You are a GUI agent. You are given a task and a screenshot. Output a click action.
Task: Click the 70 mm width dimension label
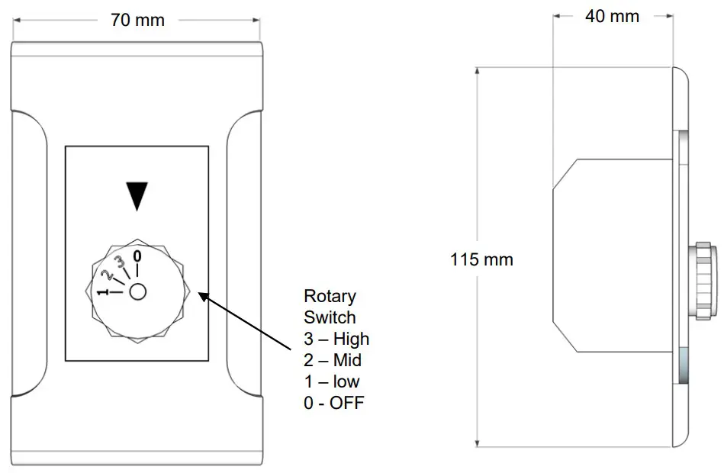pyautogui.click(x=137, y=20)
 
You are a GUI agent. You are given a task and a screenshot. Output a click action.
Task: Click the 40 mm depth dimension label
pyautogui.click(x=612, y=16)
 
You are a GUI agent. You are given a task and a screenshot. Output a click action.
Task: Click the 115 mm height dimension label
pyautogui.click(x=481, y=259)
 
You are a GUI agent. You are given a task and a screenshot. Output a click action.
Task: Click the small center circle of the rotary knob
pyautogui.click(x=137, y=291)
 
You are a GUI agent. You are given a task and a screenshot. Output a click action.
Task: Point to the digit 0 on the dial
pyautogui.click(x=137, y=256)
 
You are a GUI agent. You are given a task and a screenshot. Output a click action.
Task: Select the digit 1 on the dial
pyautogui.click(x=101, y=291)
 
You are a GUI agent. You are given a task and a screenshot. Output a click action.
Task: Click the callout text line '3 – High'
pyautogui.click(x=336, y=338)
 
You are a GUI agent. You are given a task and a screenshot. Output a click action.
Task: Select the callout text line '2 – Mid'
pyautogui.click(x=333, y=359)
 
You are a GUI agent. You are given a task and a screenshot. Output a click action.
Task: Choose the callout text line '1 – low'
pyautogui.click(x=332, y=381)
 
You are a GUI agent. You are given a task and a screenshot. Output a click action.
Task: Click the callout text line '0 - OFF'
pyautogui.click(x=334, y=402)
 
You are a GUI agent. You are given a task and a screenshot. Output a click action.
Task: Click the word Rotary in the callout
pyautogui.click(x=330, y=296)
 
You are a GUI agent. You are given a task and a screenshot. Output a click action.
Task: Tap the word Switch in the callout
pyautogui.click(x=330, y=317)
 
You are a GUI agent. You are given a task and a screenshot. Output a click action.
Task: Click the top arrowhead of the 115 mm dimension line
pyautogui.click(x=477, y=70)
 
